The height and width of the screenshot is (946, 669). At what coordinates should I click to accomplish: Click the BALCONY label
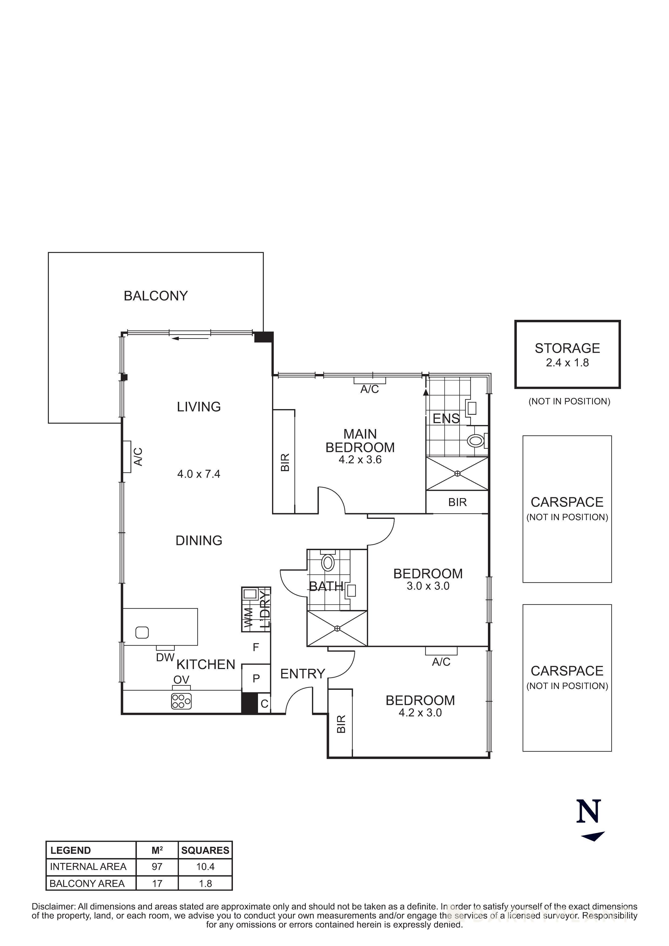click(x=155, y=296)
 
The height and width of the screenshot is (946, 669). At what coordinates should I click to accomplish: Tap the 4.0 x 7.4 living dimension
click(x=199, y=474)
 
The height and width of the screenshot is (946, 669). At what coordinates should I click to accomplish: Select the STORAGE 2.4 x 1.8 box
click(x=567, y=354)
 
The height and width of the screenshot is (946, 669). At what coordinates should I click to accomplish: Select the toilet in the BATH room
click(x=328, y=563)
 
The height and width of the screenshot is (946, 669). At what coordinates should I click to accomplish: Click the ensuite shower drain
click(x=457, y=474)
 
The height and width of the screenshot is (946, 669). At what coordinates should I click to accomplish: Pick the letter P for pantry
click(x=256, y=678)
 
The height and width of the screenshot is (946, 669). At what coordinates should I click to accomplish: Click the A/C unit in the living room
click(x=127, y=457)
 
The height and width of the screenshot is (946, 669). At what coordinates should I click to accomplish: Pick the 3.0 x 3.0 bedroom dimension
click(x=428, y=586)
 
